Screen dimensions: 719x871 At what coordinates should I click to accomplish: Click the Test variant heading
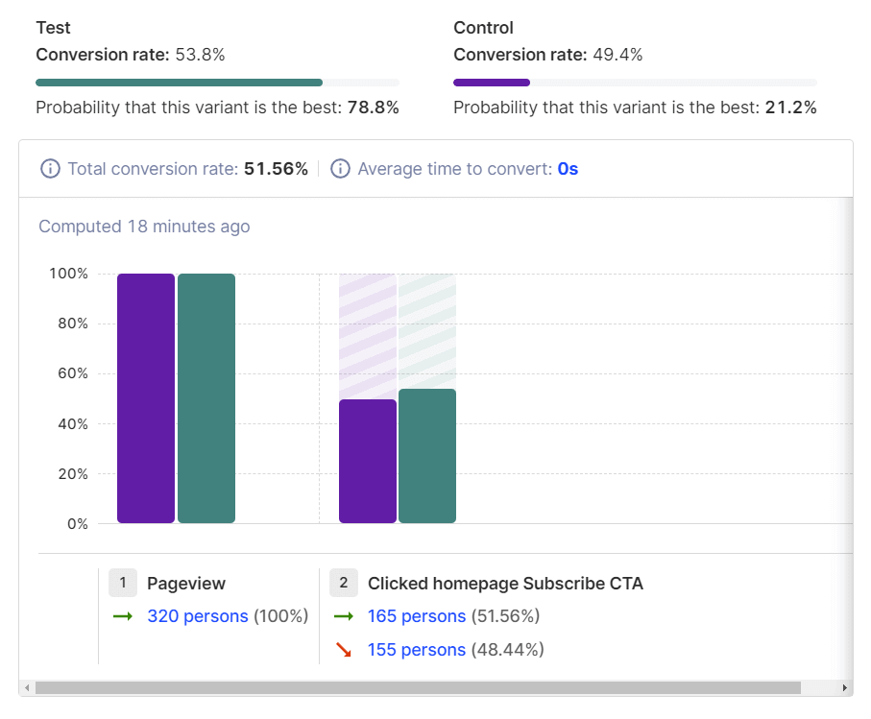[x=53, y=28]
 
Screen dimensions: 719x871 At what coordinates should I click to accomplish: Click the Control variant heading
[x=483, y=28]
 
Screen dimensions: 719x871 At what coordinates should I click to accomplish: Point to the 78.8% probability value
[x=373, y=108]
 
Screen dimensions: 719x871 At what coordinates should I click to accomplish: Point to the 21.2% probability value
[x=790, y=108]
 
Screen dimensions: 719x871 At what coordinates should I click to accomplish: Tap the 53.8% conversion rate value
[x=200, y=55]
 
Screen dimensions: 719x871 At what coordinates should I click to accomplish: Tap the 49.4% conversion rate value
[x=617, y=55]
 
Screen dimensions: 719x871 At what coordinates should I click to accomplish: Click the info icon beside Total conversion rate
[x=50, y=169]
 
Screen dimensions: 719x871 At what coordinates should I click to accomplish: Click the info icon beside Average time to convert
[x=340, y=169]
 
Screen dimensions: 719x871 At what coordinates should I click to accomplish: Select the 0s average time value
[x=568, y=169]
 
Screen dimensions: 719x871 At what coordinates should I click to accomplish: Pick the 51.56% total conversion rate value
[x=276, y=169]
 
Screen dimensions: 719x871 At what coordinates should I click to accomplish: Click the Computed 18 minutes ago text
[x=144, y=227]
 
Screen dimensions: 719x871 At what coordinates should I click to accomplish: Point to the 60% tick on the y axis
[x=69, y=373]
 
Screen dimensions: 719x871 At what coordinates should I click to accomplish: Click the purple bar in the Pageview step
[x=146, y=398]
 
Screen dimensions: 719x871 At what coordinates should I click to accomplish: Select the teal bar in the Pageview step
[x=206, y=398]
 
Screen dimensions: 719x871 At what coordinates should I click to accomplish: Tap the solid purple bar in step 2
[x=368, y=462]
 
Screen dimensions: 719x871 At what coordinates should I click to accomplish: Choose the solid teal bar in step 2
[x=427, y=456]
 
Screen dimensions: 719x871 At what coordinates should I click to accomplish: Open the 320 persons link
[x=197, y=616]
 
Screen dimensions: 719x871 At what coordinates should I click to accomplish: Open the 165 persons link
[x=417, y=616]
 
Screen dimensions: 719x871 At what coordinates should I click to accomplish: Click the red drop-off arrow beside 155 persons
[x=343, y=650]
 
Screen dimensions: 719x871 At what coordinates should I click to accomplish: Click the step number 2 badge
[x=344, y=583]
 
